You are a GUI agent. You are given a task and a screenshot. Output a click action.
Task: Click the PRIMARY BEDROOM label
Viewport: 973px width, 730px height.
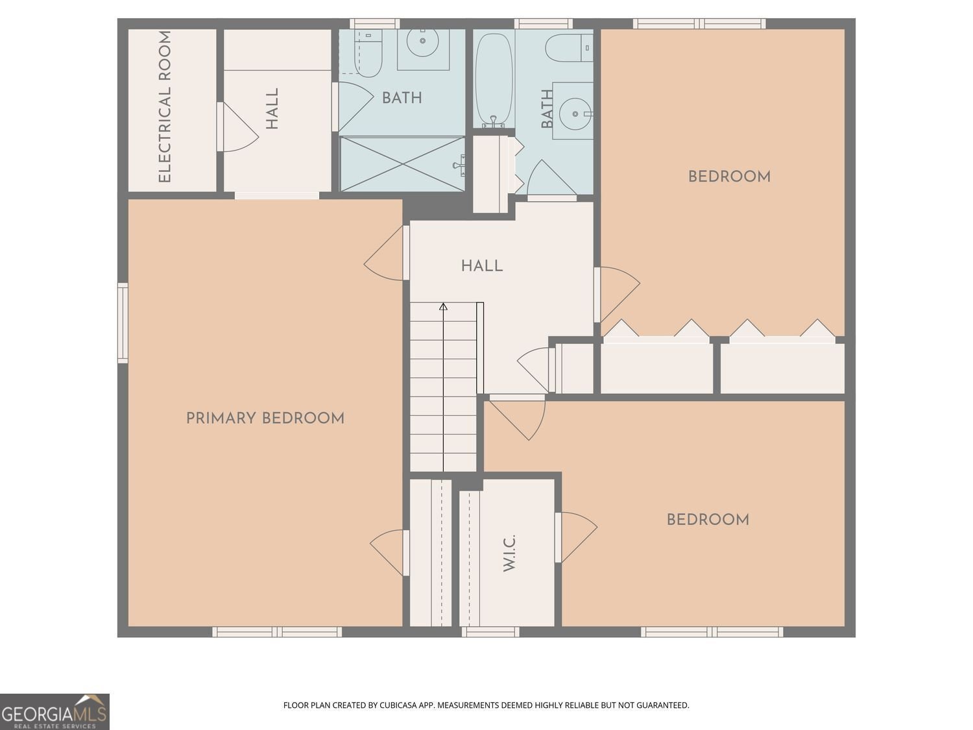265,419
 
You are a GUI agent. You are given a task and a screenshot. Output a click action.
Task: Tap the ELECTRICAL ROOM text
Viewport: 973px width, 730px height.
165,107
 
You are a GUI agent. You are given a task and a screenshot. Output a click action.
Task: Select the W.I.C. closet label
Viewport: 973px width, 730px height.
509,553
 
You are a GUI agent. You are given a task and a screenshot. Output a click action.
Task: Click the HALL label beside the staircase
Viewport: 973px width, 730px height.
481,266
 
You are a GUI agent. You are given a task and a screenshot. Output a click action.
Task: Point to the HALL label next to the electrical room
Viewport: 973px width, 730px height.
272,109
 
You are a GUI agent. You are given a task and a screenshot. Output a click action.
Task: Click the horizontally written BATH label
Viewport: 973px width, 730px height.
402,98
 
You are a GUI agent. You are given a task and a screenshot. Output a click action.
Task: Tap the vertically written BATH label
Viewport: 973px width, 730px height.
547,109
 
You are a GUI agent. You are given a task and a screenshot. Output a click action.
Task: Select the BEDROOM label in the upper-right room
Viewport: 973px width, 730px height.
729,176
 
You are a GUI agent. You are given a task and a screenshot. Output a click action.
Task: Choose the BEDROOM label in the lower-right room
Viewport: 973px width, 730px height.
708,520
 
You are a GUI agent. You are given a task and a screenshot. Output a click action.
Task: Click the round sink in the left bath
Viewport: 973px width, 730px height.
423,42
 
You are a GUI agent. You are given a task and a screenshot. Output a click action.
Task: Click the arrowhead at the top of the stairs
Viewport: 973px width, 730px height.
444,306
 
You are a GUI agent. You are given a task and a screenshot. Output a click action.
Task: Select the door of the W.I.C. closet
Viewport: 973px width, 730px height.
576,537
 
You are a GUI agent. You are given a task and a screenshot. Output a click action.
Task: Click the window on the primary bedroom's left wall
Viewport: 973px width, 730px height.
123,322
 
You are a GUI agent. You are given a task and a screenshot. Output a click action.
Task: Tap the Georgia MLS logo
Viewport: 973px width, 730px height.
54,712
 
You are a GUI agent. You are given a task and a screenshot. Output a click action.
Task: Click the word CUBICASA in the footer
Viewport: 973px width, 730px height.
398,705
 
